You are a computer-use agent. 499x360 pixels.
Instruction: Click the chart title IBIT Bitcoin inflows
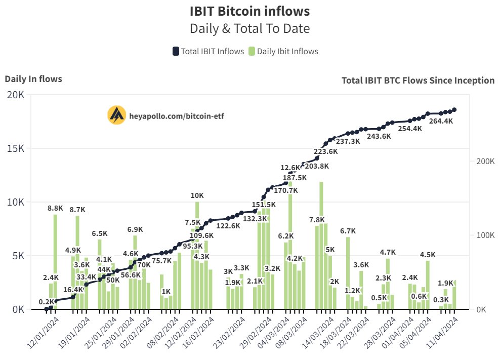[249, 11]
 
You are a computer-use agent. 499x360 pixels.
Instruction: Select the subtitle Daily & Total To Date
[249, 28]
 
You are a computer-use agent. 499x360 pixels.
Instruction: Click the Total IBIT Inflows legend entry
[208, 51]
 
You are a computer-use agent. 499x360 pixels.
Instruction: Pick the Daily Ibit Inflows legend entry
[283, 51]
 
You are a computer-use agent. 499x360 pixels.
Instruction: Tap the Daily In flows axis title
[33, 78]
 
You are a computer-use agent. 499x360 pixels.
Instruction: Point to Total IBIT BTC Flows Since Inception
[418, 80]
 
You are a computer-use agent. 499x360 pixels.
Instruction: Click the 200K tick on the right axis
[484, 162]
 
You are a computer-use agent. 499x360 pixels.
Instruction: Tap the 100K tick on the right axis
[484, 235]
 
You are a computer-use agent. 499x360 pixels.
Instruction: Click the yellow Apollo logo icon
[117, 115]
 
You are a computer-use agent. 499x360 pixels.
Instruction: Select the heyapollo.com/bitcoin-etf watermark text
[177, 116]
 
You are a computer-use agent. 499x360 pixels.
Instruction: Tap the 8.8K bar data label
[55, 208]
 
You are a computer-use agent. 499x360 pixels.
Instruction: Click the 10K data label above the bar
[197, 195]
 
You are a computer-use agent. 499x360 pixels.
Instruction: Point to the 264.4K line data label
[441, 122]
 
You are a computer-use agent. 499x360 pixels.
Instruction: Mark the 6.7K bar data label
[348, 231]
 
